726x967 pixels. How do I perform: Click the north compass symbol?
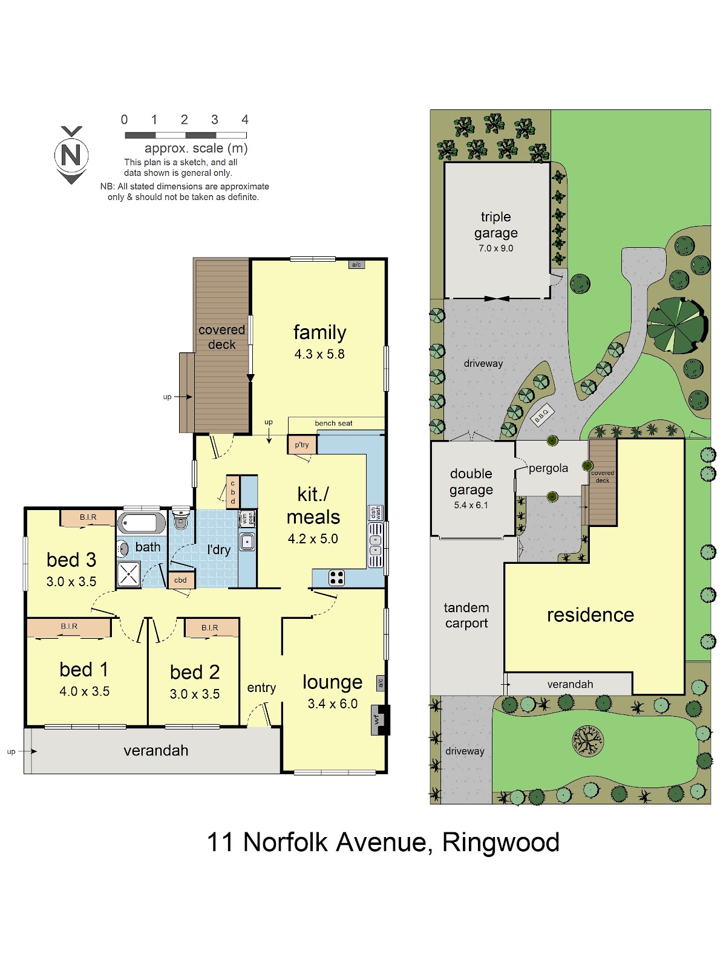[71, 155]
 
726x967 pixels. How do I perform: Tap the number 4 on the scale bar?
[244, 120]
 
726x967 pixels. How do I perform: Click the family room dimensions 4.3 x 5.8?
[319, 354]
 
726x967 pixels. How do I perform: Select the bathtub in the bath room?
[141, 523]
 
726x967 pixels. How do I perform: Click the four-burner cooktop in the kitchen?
[336, 578]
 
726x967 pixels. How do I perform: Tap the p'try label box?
[302, 444]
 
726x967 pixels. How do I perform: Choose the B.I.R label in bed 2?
[209, 627]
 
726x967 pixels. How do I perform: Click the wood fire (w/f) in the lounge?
[380, 719]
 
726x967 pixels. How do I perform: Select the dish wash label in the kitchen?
[376, 513]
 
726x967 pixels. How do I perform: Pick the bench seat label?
[333, 423]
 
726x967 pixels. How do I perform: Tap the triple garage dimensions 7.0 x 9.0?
[496, 248]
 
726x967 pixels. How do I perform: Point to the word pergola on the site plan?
[548, 468]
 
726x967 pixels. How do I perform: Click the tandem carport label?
[466, 615]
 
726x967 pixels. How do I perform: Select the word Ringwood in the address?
[501, 842]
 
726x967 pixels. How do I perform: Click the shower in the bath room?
[129, 575]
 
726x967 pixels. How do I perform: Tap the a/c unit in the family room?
[356, 265]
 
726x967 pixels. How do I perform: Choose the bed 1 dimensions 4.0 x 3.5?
[84, 691]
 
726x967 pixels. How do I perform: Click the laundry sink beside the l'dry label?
[247, 542]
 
